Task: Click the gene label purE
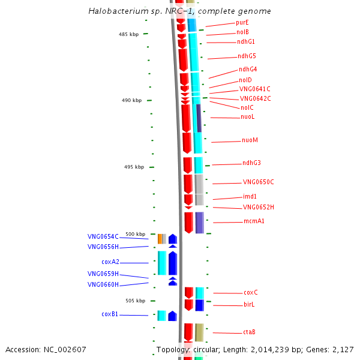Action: pyautogui.click(x=242, y=22)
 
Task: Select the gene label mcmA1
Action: pyautogui.click(x=254, y=221)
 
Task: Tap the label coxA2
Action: pyautogui.click(x=110, y=262)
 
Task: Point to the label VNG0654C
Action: pyautogui.click(x=103, y=236)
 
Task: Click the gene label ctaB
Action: pyautogui.click(x=250, y=332)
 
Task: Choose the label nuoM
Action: pyautogui.click(x=250, y=140)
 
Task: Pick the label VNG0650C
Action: pyautogui.click(x=258, y=182)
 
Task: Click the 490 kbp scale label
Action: pyautogui.click(x=131, y=101)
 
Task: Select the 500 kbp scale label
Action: pyautogui.click(x=135, y=234)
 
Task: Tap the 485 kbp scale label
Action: pyautogui.click(x=128, y=34)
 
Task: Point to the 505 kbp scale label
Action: pyautogui.click(x=135, y=301)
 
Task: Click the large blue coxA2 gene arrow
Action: pyautogui.click(x=173, y=263)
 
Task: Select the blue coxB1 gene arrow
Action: pyautogui.click(x=172, y=316)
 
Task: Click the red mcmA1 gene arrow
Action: pyautogui.click(x=188, y=222)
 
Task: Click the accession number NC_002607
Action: pyautogui.click(x=67, y=349)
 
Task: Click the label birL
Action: pyautogui.click(x=249, y=305)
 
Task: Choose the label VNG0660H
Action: pyautogui.click(x=103, y=285)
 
